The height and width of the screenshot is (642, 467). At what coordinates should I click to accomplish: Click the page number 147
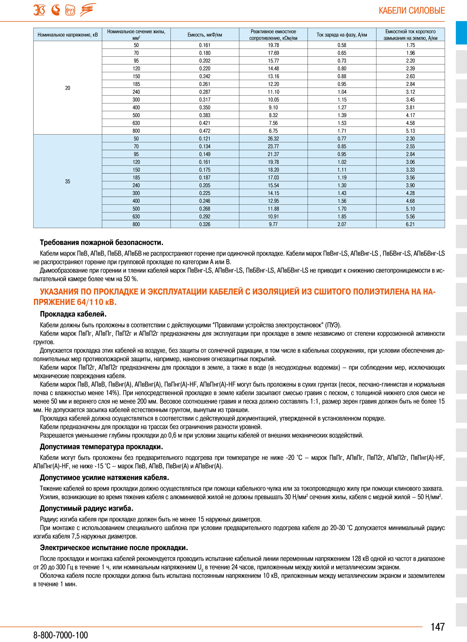point(437,627)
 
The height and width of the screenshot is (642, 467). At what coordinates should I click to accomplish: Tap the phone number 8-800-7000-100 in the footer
point(60,635)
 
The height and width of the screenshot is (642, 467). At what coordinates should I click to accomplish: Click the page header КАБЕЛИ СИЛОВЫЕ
point(411,11)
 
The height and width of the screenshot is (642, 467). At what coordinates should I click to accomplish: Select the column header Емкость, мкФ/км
point(204,35)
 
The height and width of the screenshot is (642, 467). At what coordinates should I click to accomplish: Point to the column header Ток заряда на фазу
point(342,35)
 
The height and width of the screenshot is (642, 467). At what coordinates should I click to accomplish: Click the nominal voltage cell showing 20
point(68,88)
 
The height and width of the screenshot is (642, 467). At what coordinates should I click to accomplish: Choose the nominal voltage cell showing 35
point(68,182)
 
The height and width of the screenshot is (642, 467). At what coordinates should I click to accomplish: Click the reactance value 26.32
point(273,139)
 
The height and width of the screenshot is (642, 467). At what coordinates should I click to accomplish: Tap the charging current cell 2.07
point(342,224)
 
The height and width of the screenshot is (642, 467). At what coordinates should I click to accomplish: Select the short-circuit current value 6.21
point(410,224)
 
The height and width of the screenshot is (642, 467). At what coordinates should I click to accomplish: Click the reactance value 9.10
point(273,108)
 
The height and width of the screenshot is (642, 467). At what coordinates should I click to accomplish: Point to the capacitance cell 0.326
point(204,224)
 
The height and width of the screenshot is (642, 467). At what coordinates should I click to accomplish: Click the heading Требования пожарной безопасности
point(101,243)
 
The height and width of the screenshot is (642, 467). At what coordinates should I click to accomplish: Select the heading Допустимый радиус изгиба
point(87,509)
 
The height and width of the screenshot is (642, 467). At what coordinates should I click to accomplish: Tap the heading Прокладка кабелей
point(73,314)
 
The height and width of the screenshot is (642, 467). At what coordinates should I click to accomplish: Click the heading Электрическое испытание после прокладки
point(114,548)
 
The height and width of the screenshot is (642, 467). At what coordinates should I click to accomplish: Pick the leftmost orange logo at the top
point(39,10)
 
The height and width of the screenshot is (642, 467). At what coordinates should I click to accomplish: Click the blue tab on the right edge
point(461,32)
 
